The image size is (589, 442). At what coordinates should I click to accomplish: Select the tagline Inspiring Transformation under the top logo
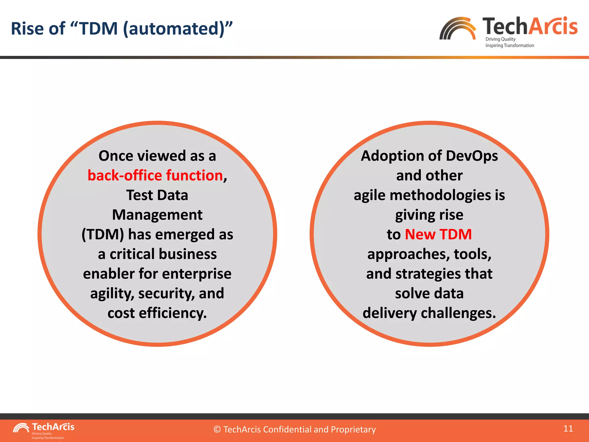[x=510, y=45]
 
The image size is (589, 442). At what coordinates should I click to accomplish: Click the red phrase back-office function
[x=155, y=176]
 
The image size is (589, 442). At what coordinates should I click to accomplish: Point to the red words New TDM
[x=438, y=234]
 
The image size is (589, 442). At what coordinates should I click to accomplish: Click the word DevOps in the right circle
[x=472, y=156]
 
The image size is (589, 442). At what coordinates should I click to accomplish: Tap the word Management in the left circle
[x=157, y=215]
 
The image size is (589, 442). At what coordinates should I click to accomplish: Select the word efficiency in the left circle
[x=173, y=313]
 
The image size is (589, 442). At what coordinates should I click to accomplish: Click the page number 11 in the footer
[x=568, y=428]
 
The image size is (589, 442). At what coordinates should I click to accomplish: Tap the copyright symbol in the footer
[x=217, y=430]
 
